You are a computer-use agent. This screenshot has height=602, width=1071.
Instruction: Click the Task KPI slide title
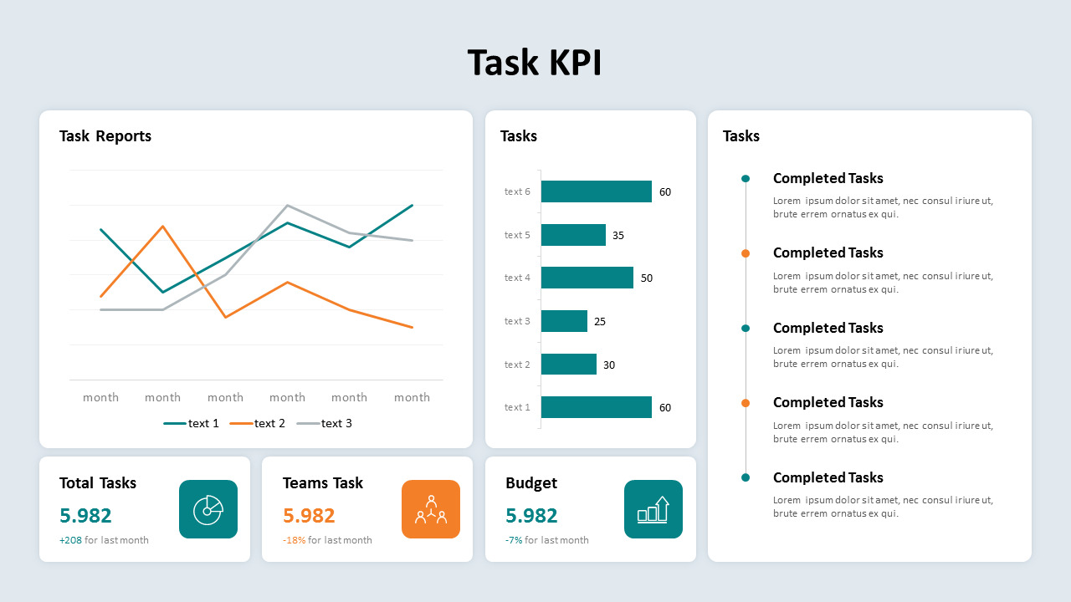pos(535,63)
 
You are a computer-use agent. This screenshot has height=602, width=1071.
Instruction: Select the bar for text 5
pos(573,235)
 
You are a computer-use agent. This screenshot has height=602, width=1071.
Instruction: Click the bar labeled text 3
pos(564,321)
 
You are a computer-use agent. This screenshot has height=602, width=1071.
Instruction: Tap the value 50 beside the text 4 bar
pos(647,278)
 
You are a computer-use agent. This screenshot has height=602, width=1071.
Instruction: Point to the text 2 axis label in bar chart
pos(517,365)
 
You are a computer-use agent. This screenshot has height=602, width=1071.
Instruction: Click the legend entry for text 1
pos(192,424)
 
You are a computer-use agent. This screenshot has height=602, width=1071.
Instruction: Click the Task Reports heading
pos(105,136)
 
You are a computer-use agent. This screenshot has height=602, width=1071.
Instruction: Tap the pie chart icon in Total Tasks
pos(208,509)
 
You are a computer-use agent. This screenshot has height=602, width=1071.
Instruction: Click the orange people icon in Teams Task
pos(431,509)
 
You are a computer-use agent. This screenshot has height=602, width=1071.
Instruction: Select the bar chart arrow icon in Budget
pos(653,509)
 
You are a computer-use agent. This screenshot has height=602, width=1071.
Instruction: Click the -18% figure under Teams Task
pos(294,540)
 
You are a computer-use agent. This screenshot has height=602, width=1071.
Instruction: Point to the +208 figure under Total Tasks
pos(70,540)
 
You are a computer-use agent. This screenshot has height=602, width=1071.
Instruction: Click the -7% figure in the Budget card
pos(514,540)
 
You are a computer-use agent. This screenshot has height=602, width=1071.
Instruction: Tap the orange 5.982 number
pos(309,516)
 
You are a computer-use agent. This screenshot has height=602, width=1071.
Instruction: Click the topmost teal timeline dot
pos(746,178)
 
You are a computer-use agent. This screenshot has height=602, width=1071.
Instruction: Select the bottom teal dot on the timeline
pos(746,477)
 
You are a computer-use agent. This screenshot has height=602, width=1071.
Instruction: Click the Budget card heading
pos(531,483)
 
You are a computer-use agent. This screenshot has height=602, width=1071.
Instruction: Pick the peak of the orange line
pos(163,226)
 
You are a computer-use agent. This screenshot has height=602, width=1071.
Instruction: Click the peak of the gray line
pos(288,206)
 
